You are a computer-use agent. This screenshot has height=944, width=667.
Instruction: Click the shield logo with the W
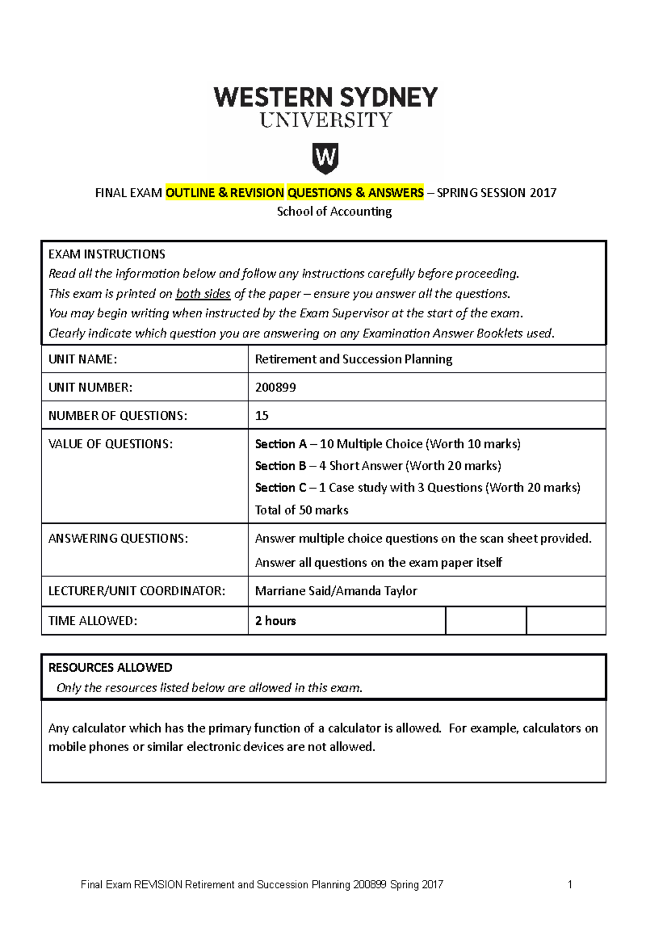coord(325,159)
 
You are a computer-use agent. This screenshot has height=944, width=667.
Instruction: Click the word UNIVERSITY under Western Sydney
coord(326,120)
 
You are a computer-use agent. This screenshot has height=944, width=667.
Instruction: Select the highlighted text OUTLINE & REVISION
coord(225,193)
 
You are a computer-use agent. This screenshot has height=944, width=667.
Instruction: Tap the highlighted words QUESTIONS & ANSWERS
coord(355,193)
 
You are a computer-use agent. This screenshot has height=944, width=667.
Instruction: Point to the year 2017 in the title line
coord(542,193)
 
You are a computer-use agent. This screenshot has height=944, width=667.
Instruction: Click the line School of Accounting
coord(334,211)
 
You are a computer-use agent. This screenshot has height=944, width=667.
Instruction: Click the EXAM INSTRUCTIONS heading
coord(107,254)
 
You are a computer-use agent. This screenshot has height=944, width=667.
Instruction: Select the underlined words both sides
coord(203,294)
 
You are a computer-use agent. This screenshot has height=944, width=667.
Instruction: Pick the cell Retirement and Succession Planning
coord(354,359)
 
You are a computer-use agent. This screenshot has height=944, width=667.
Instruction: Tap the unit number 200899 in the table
coord(275,387)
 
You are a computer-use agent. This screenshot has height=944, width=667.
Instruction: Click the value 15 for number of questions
coord(262,416)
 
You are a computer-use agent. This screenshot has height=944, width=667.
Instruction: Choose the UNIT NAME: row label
coord(83,359)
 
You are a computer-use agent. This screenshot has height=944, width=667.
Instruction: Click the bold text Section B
coord(280,466)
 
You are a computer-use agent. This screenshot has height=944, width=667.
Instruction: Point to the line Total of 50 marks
coord(301,510)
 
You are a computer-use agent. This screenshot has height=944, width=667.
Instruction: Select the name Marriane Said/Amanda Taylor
coord(336,591)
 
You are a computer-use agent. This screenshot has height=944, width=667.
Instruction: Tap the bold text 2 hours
coord(275,621)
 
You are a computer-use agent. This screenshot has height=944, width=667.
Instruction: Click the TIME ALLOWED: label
coord(93,621)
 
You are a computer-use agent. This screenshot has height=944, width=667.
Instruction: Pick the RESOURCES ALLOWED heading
coord(110,667)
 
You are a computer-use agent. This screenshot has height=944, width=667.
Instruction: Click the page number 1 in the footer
coord(570,885)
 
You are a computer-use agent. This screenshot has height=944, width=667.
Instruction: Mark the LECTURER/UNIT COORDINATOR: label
coord(137,591)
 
